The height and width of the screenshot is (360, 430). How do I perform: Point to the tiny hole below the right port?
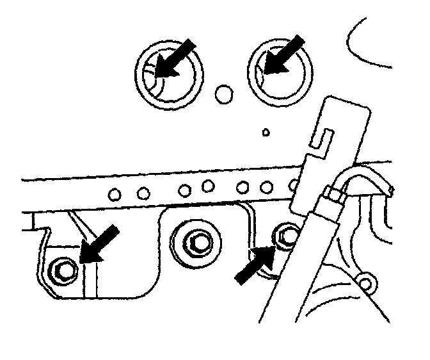(266, 133)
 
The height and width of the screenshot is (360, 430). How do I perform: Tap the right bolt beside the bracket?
(286, 235)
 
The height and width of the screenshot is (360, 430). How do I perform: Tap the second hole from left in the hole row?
(144, 192)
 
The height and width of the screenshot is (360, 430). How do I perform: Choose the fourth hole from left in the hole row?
(207, 187)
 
